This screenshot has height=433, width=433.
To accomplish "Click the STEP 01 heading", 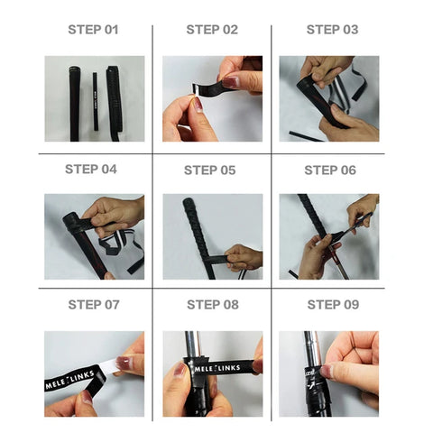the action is (93, 30).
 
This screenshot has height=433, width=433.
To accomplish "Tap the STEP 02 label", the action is (212, 30).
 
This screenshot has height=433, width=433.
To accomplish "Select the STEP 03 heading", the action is (332, 30).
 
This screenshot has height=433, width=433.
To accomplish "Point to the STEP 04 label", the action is (91, 170).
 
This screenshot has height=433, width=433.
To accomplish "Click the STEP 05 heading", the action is (209, 170).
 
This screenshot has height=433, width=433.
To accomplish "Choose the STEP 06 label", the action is (330, 170).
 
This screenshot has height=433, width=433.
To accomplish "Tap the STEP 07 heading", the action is (94, 305).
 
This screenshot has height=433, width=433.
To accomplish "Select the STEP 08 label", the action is (213, 305).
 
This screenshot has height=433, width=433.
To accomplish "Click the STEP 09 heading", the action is (333, 305).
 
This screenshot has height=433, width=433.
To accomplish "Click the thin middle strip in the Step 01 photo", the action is (96, 101).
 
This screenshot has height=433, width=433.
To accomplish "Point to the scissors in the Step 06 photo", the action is (354, 226).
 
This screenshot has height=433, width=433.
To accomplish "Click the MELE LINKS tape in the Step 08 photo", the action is (222, 368).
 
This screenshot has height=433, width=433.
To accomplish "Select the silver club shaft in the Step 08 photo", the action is (191, 344).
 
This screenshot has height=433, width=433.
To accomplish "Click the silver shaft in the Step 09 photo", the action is (312, 349).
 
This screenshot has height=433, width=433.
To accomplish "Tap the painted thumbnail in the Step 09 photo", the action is (326, 372).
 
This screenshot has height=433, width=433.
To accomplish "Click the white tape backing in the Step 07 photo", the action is (109, 366).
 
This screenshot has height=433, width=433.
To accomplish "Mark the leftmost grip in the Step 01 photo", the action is (74, 104).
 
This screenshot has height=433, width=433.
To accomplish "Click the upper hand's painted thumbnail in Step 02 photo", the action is (230, 82).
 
